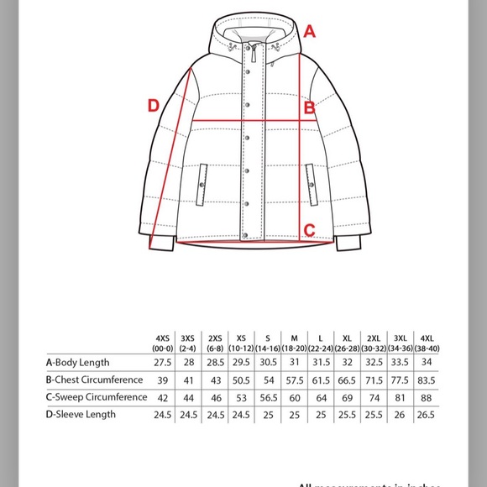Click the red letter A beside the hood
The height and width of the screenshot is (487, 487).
click(310, 33)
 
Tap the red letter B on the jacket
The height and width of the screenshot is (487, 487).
click(309, 107)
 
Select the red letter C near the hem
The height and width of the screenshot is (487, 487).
click(309, 229)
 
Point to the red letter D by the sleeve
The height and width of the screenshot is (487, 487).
click(154, 106)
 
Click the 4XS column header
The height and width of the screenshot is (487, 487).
click(162, 343)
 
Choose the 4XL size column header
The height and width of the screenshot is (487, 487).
click(427, 343)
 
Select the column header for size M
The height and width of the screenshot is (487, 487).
click(295, 343)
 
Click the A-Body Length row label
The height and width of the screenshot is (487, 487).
click(77, 363)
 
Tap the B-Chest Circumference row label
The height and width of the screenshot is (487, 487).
click(92, 380)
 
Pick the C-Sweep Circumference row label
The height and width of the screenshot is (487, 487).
click(93, 396)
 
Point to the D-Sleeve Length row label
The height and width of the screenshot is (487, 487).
click(81, 414)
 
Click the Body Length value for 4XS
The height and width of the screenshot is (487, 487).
click(162, 363)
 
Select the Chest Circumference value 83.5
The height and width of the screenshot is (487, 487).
click(427, 380)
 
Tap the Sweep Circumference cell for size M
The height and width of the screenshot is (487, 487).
click(295, 396)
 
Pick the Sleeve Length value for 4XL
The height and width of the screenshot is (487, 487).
click(427, 414)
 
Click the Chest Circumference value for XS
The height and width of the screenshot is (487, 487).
click(242, 380)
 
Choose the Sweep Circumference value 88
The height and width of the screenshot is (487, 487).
click(427, 396)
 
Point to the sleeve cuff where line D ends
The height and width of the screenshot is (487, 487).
click(162, 243)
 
